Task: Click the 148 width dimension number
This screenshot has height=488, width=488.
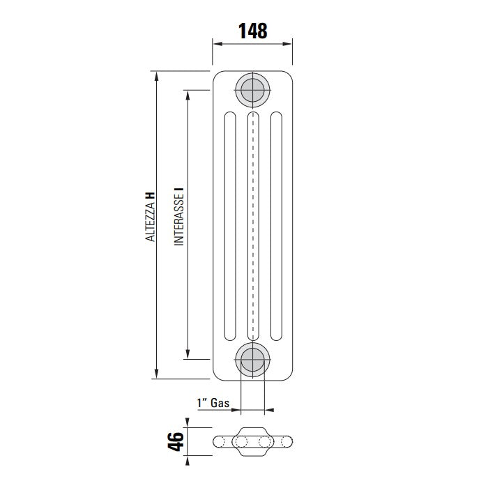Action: click(252, 31)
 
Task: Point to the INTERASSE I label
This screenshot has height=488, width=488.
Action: click(178, 216)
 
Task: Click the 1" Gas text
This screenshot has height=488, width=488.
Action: click(213, 403)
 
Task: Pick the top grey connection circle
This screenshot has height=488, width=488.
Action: click(252, 89)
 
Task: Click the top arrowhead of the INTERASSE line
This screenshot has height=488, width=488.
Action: click(188, 92)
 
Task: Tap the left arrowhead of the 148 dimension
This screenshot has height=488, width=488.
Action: click(217, 43)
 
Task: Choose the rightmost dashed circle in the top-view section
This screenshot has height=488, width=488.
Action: click(282, 441)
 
